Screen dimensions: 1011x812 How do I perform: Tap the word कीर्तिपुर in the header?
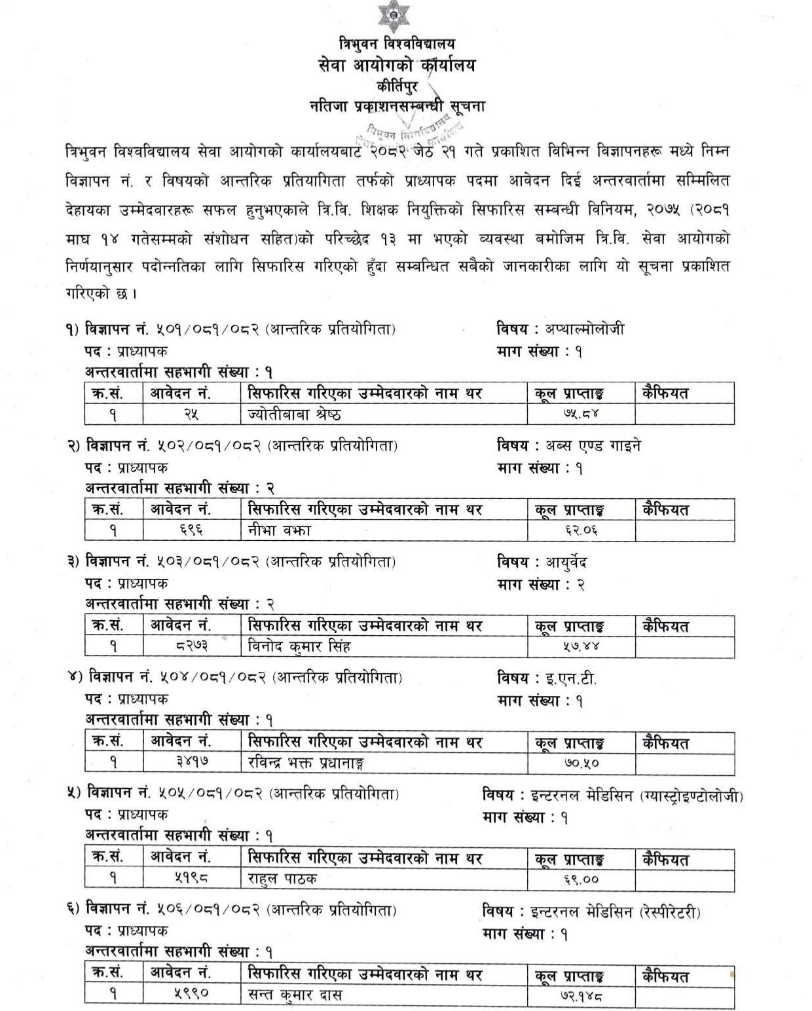tap(397, 85)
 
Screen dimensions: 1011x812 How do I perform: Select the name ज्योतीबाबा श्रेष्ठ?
tap(295, 414)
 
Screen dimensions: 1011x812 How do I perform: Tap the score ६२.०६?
tap(581, 531)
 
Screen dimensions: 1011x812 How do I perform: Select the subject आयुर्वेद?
tap(570, 562)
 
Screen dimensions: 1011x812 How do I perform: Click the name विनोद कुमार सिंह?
tap(300, 647)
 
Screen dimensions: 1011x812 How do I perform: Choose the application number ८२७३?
tap(189, 647)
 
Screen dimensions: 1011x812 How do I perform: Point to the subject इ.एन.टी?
tap(572, 678)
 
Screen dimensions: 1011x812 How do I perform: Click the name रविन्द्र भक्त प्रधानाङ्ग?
tap(306, 763)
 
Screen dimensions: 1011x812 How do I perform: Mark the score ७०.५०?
tap(581, 763)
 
